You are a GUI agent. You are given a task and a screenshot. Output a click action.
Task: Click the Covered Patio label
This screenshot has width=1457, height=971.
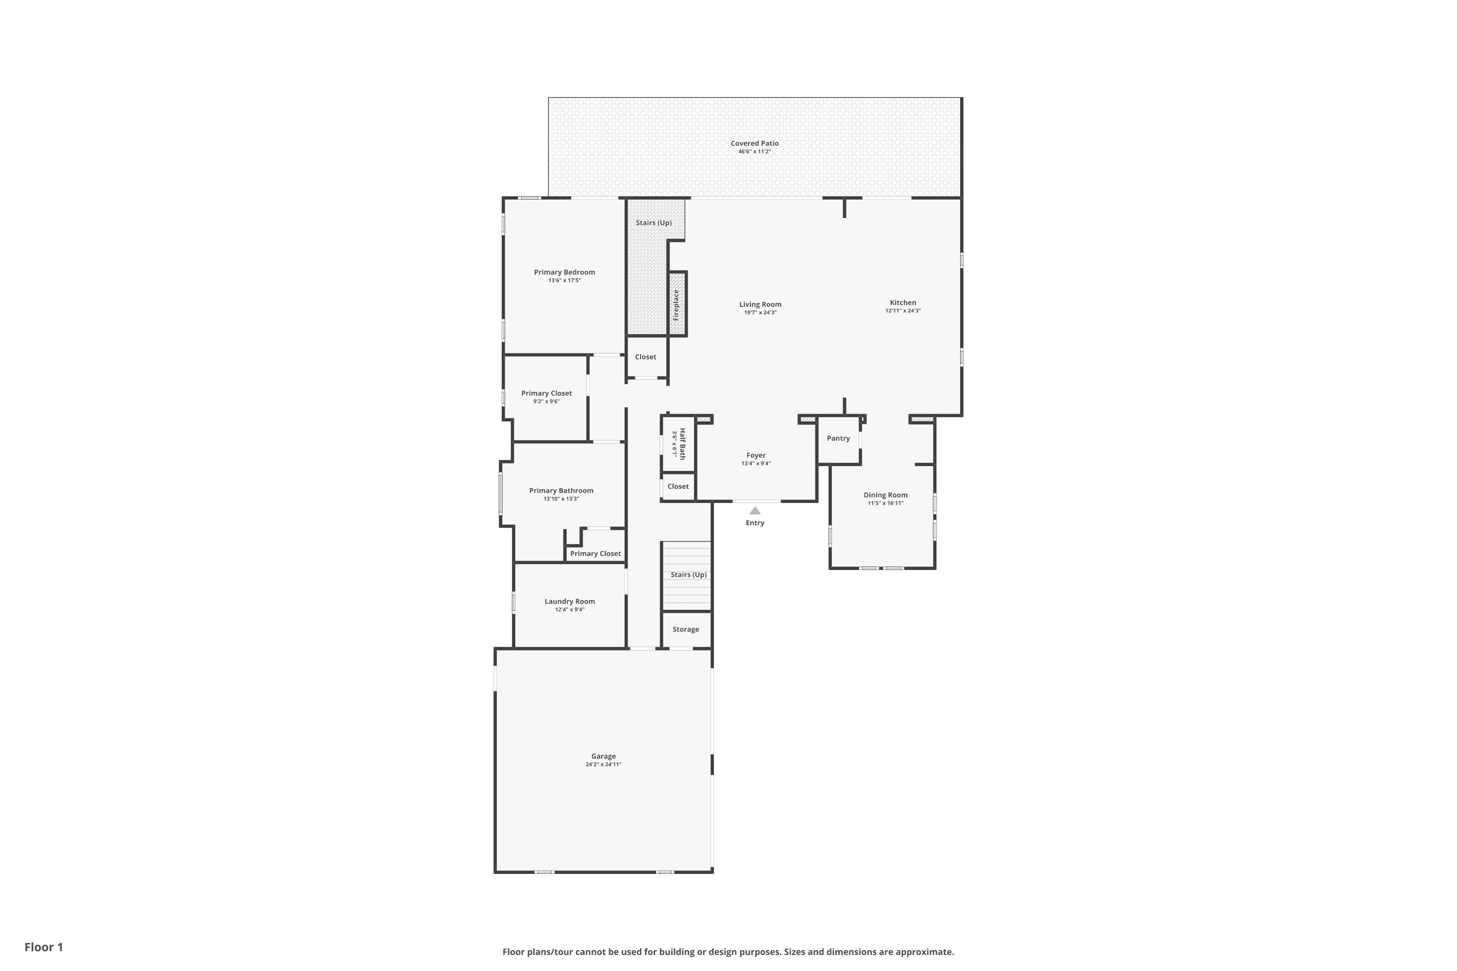click(x=755, y=143)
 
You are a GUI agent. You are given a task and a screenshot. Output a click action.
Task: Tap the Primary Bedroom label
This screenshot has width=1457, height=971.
click(x=564, y=272)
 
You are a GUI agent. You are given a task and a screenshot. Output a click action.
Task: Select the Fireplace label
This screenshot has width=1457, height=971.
click(x=676, y=305)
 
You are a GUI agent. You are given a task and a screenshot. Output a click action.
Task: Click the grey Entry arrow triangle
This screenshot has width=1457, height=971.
click(x=755, y=510)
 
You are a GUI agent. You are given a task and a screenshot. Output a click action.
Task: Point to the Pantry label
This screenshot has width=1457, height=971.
click(x=838, y=438)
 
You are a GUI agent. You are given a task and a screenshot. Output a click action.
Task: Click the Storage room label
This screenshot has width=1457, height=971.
click(x=686, y=629)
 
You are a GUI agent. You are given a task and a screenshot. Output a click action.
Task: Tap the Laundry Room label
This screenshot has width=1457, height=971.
click(x=569, y=602)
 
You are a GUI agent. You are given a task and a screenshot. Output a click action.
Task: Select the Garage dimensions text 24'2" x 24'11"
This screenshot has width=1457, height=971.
click(x=603, y=764)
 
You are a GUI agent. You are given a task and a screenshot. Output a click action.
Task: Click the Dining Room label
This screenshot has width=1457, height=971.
click(x=885, y=495)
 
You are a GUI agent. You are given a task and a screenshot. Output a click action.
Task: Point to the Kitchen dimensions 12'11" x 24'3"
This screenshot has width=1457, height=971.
click(x=902, y=311)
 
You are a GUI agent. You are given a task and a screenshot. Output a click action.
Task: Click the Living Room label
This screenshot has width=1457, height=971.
click(x=760, y=304)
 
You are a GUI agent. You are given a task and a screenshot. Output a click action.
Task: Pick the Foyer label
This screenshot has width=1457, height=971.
click(x=756, y=455)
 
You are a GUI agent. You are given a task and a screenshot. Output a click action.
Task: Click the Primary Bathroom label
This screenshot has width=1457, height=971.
click(x=561, y=490)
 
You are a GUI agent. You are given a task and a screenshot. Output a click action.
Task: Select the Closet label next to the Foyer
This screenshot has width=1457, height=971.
click(x=678, y=486)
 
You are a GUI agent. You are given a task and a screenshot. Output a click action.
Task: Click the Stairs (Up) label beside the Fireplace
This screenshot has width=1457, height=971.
click(x=654, y=223)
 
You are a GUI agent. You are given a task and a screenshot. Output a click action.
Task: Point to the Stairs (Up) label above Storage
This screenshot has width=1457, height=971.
click(x=688, y=575)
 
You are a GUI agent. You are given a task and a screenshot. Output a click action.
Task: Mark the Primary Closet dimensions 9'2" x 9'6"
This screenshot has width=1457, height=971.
click(x=546, y=402)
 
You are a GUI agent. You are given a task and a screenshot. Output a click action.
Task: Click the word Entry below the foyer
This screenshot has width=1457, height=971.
click(x=755, y=523)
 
